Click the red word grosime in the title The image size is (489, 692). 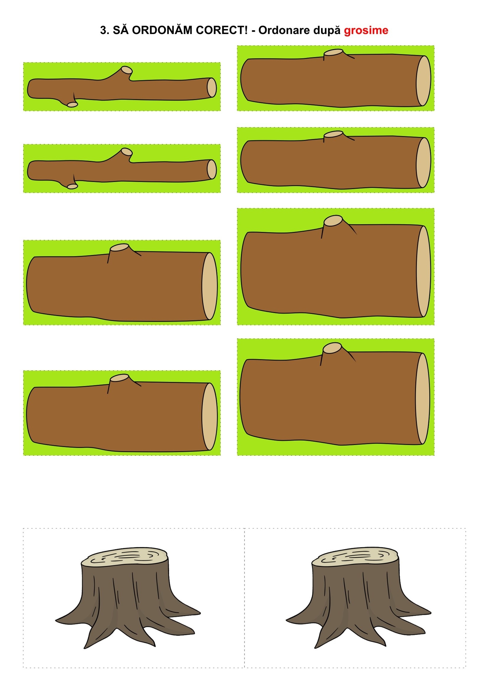[x=366, y=30]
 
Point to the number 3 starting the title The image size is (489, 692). [x=104, y=30]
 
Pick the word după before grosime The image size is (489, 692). [x=327, y=30]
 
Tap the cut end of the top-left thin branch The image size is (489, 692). [x=212, y=88]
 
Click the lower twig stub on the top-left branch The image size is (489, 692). [x=72, y=104]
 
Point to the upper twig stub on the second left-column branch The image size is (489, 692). [x=127, y=151]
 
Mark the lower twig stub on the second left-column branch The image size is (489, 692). [x=72, y=187]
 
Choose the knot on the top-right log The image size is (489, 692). [x=333, y=52]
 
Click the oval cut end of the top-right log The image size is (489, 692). [x=423, y=81]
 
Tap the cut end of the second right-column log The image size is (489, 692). [x=423, y=163]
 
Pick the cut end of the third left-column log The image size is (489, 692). [x=210, y=286]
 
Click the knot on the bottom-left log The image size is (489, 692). [x=119, y=378]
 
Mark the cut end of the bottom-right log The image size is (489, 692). [x=423, y=399]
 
